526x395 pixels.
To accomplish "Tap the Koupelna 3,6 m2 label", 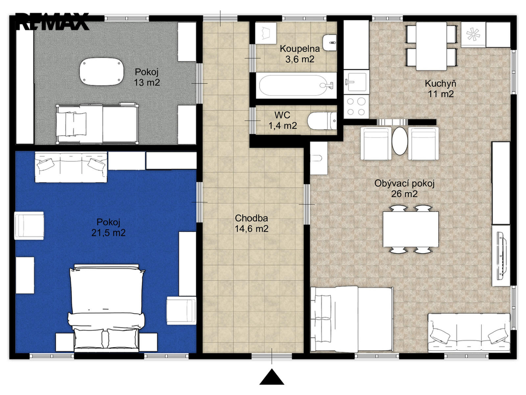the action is click(299, 54).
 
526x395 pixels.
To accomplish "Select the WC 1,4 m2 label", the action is click(283, 120).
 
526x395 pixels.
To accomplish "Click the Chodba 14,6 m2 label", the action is click(251, 223).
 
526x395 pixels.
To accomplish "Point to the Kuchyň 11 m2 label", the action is click(440, 88).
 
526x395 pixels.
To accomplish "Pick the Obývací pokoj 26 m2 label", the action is click(404, 188).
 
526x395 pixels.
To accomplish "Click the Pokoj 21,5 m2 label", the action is click(108, 227).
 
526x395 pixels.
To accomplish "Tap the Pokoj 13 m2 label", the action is click(146, 77).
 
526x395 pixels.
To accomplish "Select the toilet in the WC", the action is click(322, 120).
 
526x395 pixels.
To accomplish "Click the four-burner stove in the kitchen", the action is click(356, 106).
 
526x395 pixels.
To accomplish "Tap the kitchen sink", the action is click(356, 82).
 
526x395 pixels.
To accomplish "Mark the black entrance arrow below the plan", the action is click(272, 377).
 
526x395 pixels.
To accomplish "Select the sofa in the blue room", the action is click(71, 167).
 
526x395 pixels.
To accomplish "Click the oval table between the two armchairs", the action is click(399, 141).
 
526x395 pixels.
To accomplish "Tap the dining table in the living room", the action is click(410, 229).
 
